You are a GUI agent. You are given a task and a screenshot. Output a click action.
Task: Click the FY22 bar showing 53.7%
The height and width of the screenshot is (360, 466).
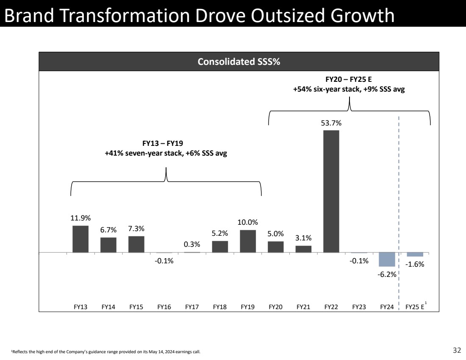point(331,191)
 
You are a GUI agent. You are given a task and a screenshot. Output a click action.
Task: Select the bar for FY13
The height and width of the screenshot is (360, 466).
point(80,239)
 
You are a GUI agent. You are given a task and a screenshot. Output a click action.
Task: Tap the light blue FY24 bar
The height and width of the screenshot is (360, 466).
point(387,259)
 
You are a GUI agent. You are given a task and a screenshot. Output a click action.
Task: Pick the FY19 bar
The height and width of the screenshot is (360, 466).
point(248,241)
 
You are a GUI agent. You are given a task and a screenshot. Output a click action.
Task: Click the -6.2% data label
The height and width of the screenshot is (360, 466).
point(387,274)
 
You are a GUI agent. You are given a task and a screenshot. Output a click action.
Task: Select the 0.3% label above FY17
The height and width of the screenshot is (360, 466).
point(192,245)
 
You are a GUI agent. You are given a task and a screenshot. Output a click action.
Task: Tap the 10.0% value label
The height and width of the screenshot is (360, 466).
point(248,222)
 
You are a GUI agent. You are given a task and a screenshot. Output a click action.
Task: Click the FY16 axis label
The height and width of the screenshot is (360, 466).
point(164,307)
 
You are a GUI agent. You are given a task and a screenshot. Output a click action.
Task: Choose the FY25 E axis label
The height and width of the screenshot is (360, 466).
point(415,307)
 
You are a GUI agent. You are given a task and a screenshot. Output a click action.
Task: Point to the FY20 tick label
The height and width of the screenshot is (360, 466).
point(276,307)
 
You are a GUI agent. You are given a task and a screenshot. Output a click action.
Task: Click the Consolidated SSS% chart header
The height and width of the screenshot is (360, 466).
point(239,62)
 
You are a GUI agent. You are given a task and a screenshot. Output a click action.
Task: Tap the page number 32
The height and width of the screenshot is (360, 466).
point(457,350)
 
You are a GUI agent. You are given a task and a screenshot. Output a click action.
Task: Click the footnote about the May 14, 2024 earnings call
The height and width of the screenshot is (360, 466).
point(106,352)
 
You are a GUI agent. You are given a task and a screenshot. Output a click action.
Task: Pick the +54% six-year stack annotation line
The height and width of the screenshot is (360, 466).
point(349,89)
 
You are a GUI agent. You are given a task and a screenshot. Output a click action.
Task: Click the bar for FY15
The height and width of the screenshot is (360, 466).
point(136,244)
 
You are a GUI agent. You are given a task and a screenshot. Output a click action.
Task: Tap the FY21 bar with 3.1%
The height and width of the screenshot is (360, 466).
point(303,249)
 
